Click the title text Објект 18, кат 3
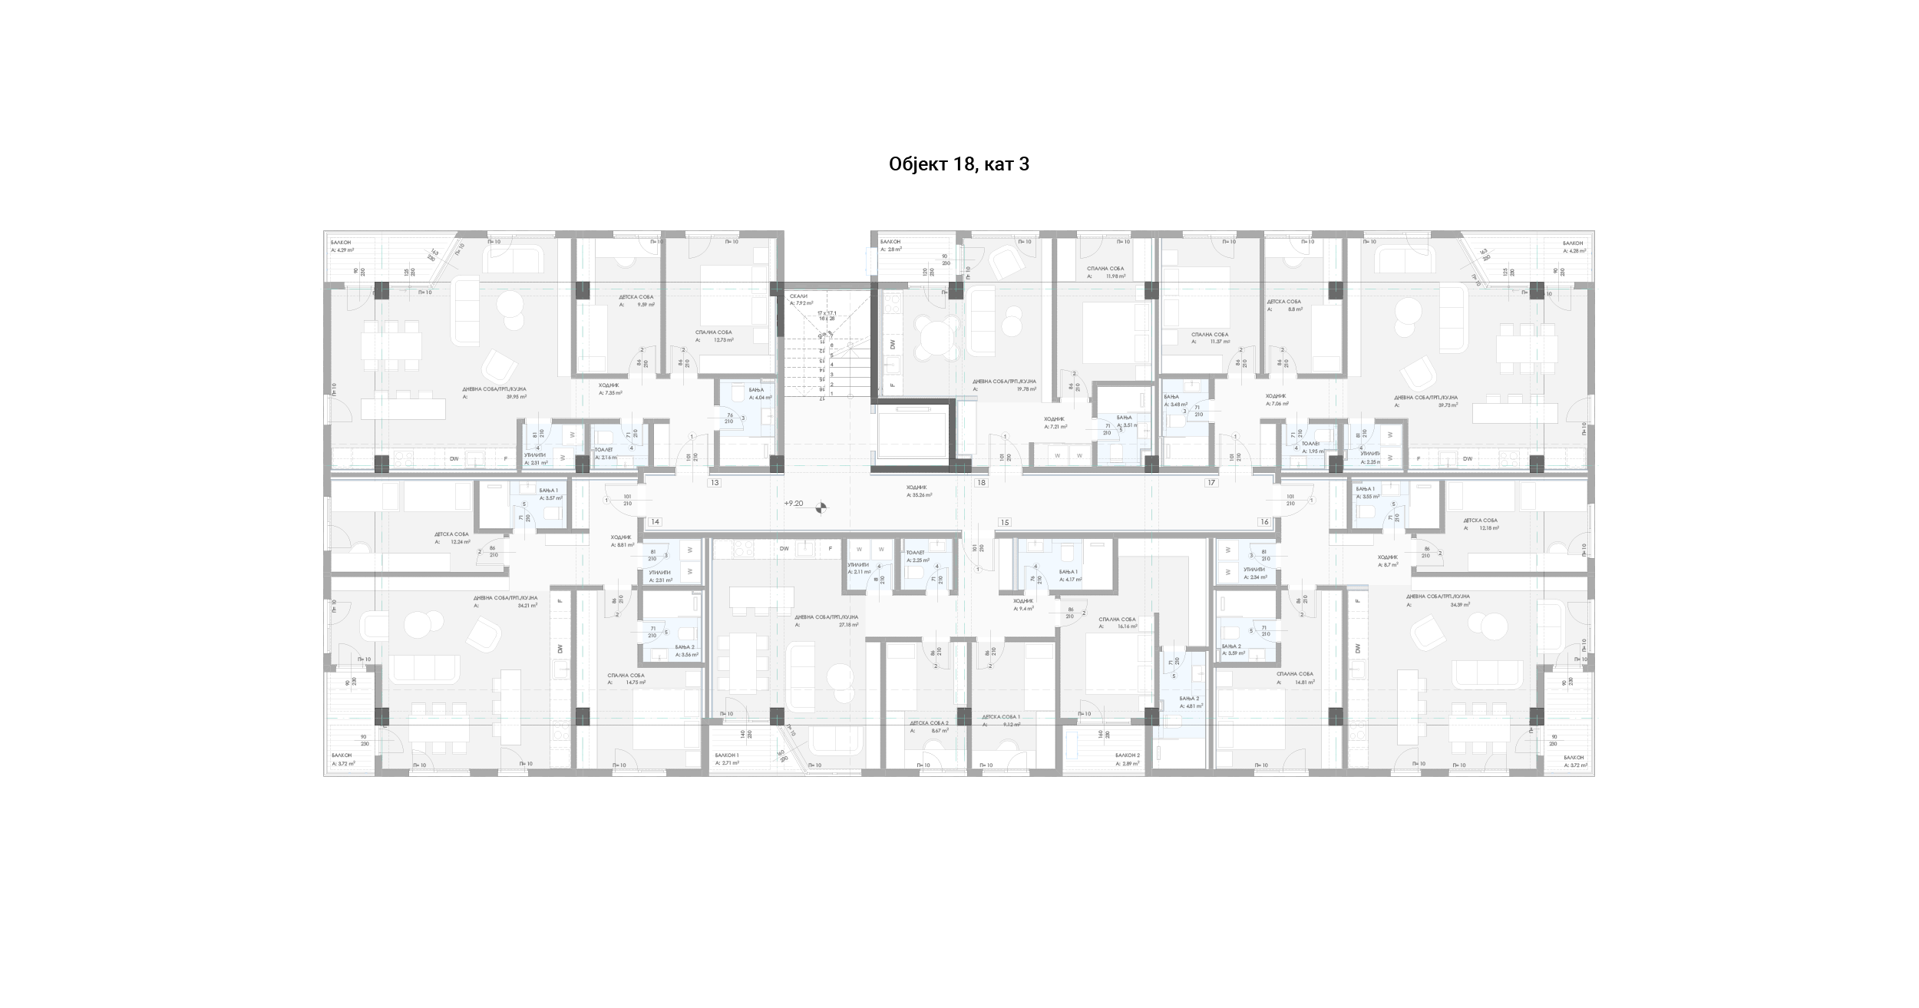tap(959, 164)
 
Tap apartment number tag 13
tap(715, 483)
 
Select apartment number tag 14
tap(655, 522)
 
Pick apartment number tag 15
tap(1004, 522)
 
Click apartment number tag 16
tap(1264, 522)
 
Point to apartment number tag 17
tap(1211, 483)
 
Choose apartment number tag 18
tap(981, 483)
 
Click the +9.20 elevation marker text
tap(794, 504)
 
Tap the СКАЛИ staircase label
tap(798, 296)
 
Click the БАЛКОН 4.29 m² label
tap(342, 246)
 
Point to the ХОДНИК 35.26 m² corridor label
tap(918, 491)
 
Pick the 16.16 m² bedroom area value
tap(1127, 626)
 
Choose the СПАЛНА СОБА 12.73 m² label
tap(715, 336)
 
